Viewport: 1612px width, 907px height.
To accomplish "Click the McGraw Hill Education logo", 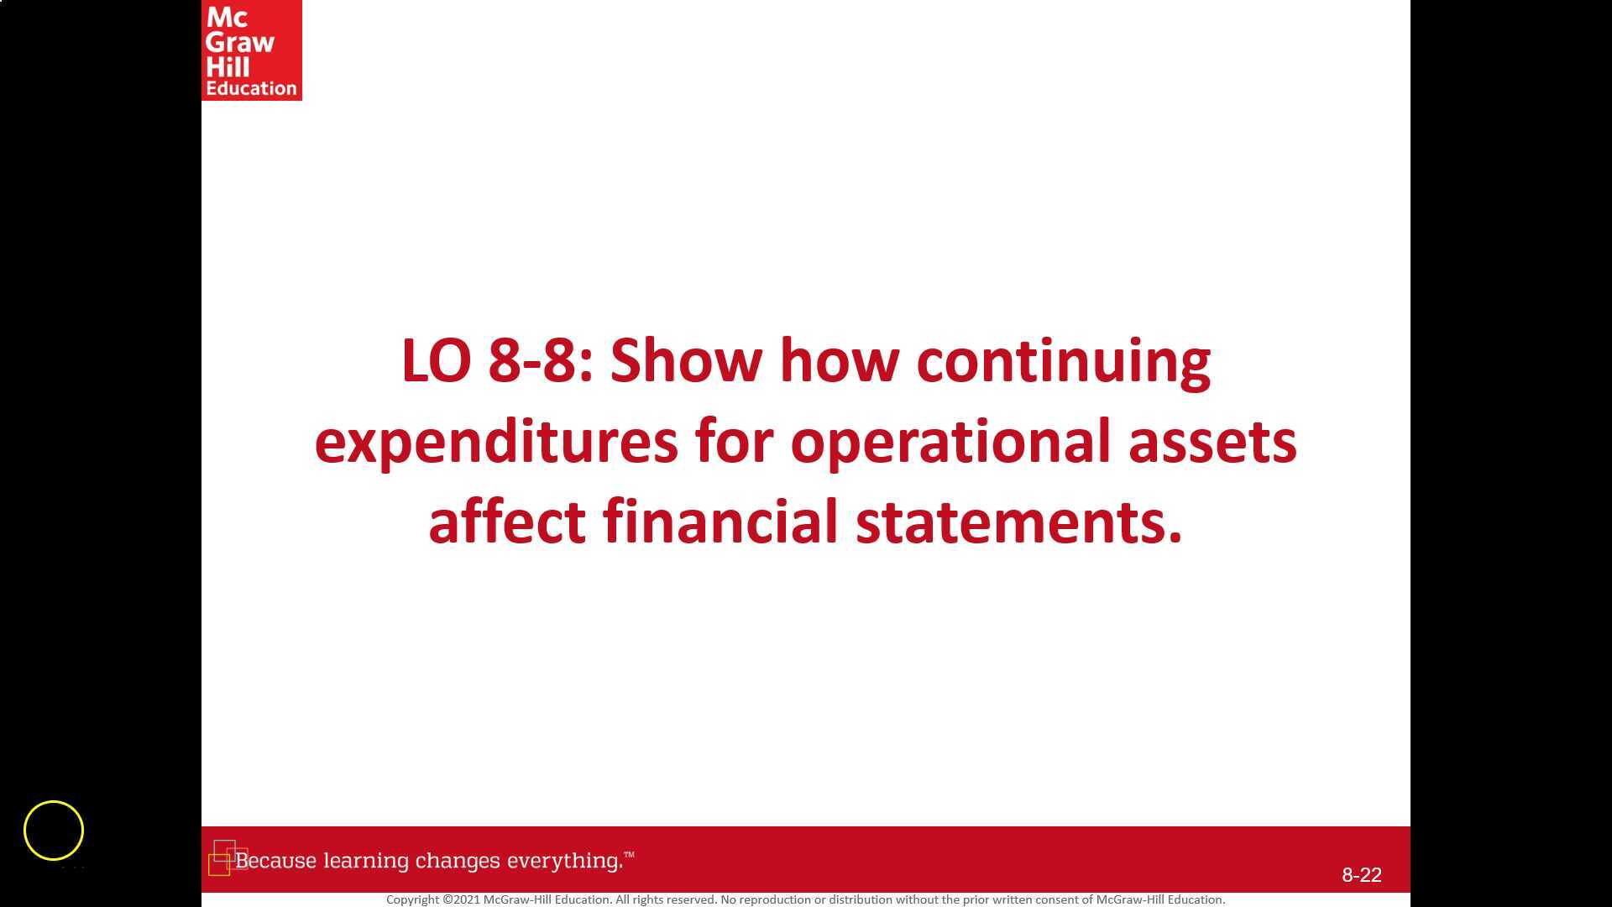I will (251, 50).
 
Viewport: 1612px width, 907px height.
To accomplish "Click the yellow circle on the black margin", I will (54, 831).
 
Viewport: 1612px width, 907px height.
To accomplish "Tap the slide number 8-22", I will (1361, 875).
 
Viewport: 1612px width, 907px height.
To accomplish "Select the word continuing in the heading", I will (1063, 361).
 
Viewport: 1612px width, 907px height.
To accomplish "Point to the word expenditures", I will (495, 442).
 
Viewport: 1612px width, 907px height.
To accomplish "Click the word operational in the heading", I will (950, 442).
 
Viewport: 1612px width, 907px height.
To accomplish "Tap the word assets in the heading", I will (1212, 442).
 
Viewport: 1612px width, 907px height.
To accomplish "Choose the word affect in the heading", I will (506, 522).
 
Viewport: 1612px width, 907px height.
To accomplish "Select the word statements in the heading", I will (1018, 522).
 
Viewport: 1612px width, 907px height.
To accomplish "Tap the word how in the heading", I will (839, 361).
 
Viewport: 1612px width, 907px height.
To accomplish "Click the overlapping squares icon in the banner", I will (226, 857).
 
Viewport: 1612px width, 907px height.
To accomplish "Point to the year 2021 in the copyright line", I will (466, 899).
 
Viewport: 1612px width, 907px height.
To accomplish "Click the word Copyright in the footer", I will (413, 899).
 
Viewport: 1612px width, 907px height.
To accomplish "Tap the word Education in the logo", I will (251, 88).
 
